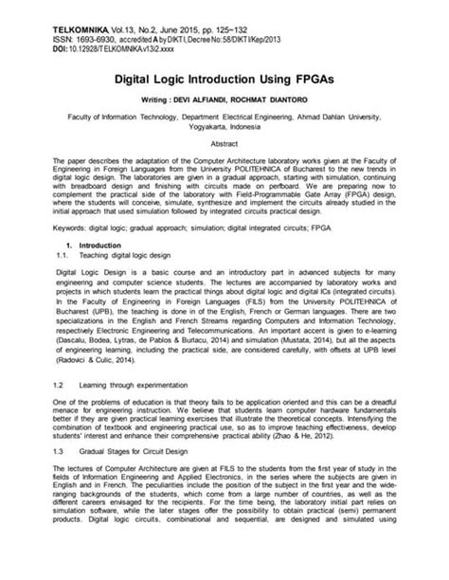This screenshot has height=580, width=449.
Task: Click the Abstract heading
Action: click(224, 143)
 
